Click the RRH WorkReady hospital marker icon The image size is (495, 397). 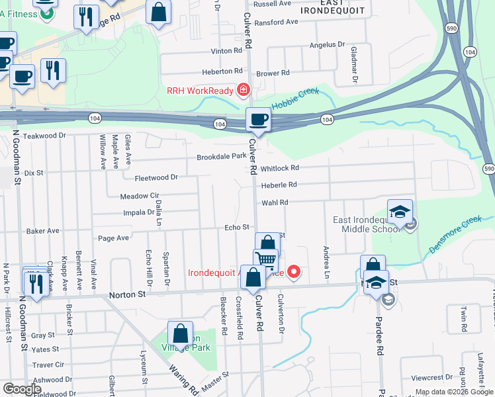[x=244, y=89]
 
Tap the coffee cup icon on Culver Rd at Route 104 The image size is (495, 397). [x=258, y=120]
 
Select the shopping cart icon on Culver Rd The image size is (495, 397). [x=265, y=260]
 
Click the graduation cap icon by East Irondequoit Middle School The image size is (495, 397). [x=400, y=212]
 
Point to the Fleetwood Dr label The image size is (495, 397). [x=156, y=177]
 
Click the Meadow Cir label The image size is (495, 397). [x=140, y=197]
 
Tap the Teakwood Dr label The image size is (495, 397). [x=46, y=136]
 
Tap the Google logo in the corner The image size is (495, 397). [x=22, y=389]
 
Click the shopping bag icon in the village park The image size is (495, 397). [x=180, y=333]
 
